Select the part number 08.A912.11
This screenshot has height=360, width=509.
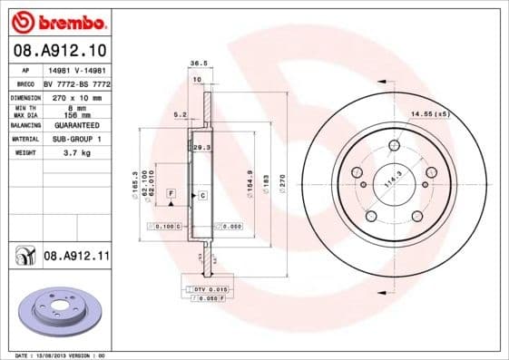(x=75, y=258)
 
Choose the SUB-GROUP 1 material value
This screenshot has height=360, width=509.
(x=73, y=140)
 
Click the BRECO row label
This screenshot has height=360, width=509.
(x=25, y=83)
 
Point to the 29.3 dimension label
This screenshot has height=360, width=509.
(x=201, y=147)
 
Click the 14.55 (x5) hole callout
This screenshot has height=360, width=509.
(x=429, y=114)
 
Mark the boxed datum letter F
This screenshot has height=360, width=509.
(x=170, y=194)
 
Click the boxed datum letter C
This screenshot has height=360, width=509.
(x=202, y=195)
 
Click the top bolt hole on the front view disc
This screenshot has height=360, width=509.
(x=394, y=146)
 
